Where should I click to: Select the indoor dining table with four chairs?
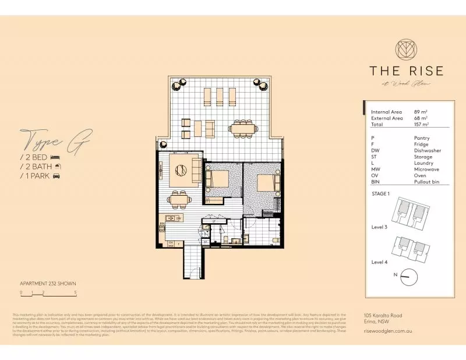click(179, 200)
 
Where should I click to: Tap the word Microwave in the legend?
click(426, 170)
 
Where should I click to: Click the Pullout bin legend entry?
click(426, 182)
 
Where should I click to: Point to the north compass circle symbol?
click(407, 276)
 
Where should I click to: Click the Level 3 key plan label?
click(380, 228)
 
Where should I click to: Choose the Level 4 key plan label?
click(380, 262)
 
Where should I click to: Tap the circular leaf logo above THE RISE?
click(405, 49)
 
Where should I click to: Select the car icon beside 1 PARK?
click(57, 176)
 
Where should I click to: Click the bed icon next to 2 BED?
click(55, 157)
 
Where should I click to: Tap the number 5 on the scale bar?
click(76, 292)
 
